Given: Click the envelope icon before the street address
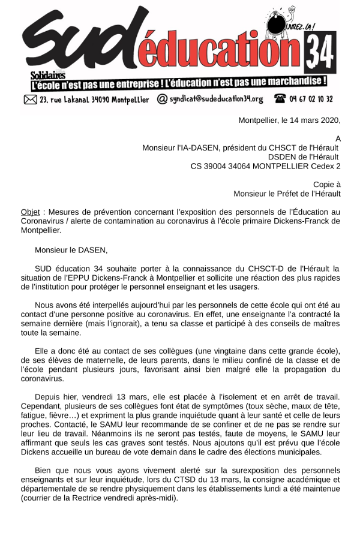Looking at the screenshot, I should coord(31,100).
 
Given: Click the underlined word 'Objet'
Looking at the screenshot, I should coord(30,212).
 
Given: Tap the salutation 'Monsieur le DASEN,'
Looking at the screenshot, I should coord(71,250).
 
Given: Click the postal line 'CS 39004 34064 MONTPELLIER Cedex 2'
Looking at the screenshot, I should coord(265,166).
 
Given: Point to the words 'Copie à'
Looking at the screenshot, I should coord(327,185).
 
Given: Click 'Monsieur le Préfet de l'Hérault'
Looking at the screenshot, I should coord(287,194).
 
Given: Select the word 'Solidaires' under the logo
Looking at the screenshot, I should coord(48,74).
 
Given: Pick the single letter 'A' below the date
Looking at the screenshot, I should coord(338,138).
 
